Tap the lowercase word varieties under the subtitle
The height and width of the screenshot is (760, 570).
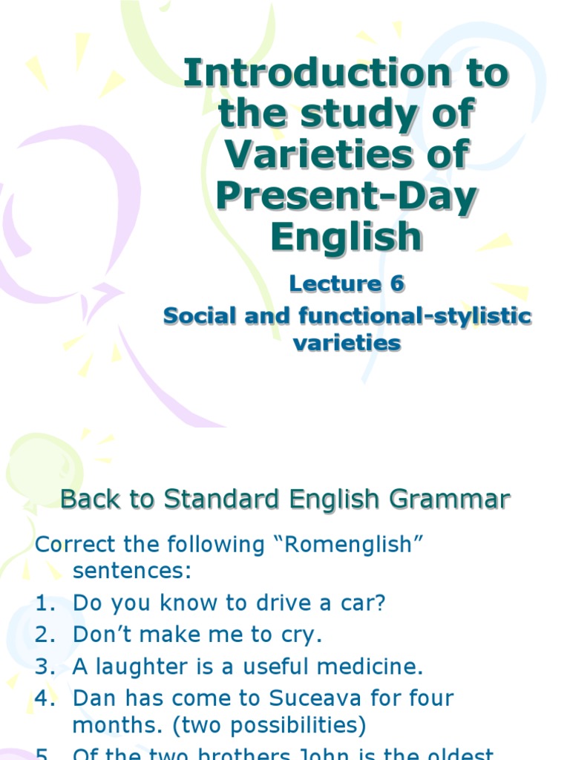point(347,343)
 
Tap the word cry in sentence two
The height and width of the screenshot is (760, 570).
point(301,635)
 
